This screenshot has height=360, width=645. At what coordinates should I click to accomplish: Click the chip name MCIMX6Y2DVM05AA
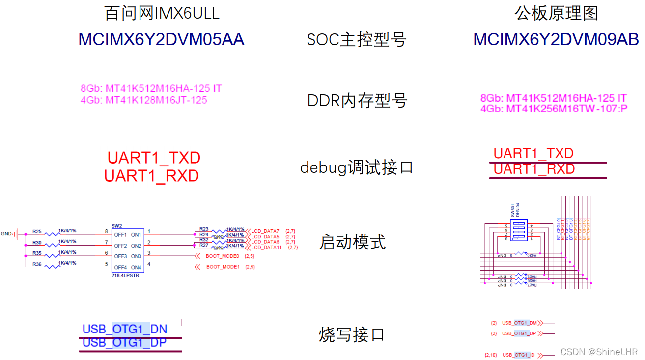point(161,40)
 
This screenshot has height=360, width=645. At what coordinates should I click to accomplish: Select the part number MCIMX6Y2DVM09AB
point(556,40)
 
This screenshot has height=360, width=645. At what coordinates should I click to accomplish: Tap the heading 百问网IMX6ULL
point(162,13)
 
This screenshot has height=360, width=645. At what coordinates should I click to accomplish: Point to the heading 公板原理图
point(556,13)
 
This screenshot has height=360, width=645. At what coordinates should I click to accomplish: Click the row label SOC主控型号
point(357,40)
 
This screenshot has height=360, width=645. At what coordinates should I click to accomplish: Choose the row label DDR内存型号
point(357,101)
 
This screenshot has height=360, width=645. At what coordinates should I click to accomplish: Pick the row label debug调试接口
point(357,167)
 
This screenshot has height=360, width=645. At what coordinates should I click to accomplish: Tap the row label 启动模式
point(352,242)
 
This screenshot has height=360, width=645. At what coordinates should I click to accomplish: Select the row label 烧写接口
point(351,335)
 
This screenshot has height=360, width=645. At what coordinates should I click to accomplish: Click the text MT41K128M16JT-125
point(157,100)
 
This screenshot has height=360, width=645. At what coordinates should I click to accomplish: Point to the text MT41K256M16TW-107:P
point(554,109)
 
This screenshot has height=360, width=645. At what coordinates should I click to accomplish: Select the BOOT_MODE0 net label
point(222,256)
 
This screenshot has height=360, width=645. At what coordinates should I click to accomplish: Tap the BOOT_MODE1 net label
point(223,267)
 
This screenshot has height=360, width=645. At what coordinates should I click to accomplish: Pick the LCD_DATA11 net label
point(267,248)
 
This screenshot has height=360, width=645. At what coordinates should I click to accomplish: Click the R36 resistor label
point(37,264)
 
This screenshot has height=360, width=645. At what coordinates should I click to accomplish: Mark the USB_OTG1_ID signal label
point(518,355)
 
